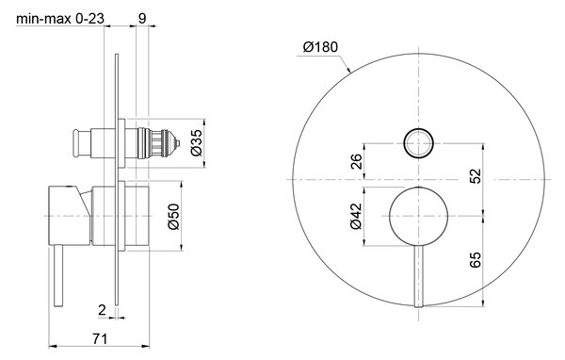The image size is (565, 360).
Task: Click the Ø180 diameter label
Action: [x=320, y=47]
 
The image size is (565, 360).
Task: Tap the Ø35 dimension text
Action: [x=197, y=143]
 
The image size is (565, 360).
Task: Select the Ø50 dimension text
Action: [x=173, y=217]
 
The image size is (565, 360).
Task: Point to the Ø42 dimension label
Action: [x=356, y=216]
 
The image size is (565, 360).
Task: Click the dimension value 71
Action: [x=100, y=339]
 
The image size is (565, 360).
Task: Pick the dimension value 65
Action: [x=476, y=260]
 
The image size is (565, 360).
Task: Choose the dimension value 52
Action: [x=476, y=176]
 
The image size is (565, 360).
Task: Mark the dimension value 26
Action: [x=356, y=161]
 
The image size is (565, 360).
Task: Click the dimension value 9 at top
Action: [x=142, y=18]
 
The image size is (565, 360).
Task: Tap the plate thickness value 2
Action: [x=102, y=309]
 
